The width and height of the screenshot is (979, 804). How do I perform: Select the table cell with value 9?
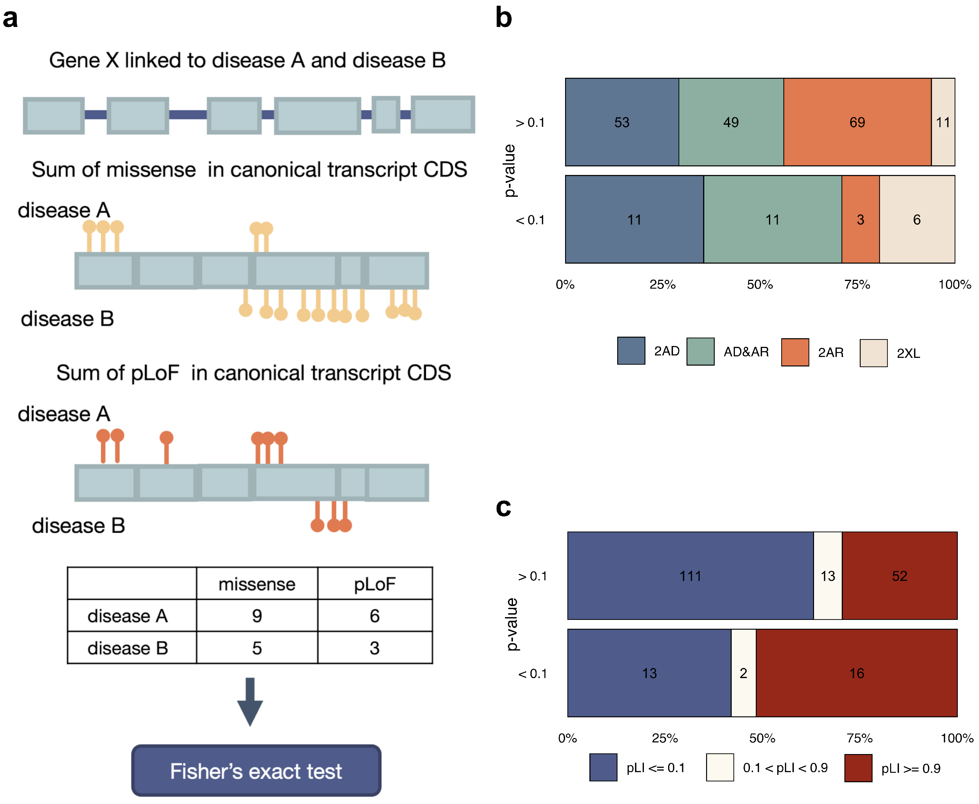(x=257, y=616)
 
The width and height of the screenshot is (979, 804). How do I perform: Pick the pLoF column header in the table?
(x=374, y=584)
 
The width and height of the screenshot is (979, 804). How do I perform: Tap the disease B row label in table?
(x=128, y=648)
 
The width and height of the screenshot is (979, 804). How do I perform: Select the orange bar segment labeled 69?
(x=857, y=122)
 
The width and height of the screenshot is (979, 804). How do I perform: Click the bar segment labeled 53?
(x=622, y=122)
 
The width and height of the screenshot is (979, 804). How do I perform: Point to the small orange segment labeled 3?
(x=860, y=219)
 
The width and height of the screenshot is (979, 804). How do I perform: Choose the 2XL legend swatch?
(x=873, y=353)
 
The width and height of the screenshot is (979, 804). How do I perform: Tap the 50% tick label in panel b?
(x=760, y=284)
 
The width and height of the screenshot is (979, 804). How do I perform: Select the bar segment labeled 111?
(x=690, y=576)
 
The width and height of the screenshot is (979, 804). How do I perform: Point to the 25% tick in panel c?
(x=664, y=738)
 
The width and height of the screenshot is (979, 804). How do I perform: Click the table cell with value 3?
(x=374, y=648)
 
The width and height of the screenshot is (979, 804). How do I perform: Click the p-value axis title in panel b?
(x=510, y=170)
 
